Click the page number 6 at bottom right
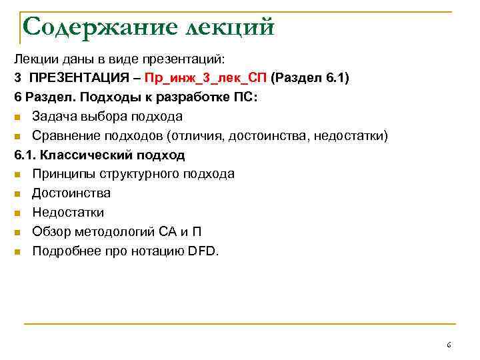click(x=449, y=345)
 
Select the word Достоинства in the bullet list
click(x=71, y=193)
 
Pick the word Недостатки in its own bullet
click(x=68, y=213)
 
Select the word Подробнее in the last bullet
click(x=63, y=251)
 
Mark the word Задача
click(x=53, y=116)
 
